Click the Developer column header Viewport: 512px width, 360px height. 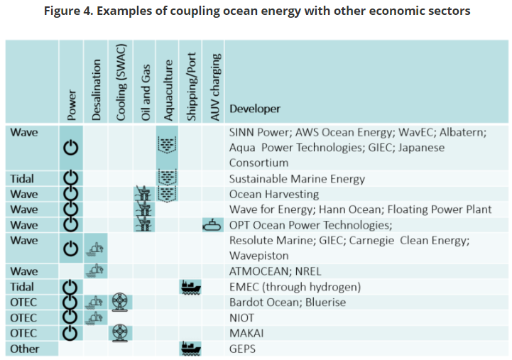[254, 109]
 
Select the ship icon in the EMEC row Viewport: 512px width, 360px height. [191, 287]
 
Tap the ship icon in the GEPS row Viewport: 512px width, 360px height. [191, 348]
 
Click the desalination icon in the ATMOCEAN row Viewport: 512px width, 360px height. [96, 271]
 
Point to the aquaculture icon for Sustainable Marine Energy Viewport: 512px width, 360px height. [168, 178]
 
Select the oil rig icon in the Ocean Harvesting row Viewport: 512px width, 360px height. [144, 194]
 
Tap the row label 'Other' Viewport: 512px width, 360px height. [23, 349]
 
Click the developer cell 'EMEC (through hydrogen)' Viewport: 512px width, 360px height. [295, 287]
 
